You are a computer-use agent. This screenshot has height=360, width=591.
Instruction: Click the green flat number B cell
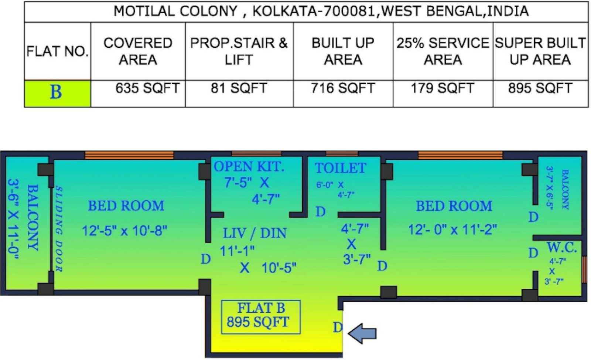pos(57,94)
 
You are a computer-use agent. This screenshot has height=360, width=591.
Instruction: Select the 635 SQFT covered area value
pos(147,89)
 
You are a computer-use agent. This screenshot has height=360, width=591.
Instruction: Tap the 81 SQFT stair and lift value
pos(239,89)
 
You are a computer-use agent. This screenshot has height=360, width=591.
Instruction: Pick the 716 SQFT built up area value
pos(343,89)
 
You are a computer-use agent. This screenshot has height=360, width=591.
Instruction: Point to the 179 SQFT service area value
pos(443,89)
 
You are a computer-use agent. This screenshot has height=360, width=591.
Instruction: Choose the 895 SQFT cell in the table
pos(540,89)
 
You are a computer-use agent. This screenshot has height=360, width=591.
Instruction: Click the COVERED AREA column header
pos(138,51)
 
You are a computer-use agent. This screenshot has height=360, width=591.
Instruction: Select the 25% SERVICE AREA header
pos(443,51)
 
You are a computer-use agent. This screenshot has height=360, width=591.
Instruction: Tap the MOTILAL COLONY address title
pos(321,11)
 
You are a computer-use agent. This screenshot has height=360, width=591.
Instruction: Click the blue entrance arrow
pos(363,333)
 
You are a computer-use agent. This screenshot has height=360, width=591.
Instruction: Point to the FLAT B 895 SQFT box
pos(260,317)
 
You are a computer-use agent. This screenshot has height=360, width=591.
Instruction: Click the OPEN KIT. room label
pos(249,167)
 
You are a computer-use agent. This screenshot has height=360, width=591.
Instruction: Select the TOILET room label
pos(340,168)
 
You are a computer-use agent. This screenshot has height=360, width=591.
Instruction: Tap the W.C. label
pos(561,248)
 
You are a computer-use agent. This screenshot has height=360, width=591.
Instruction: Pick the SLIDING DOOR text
pos(59,229)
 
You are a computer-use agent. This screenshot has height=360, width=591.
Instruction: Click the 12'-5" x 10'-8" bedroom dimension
pos(124,231)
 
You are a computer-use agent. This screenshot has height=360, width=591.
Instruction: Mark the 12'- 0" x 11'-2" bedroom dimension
pos(452,230)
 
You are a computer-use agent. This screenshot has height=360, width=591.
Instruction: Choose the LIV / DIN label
pos(255,233)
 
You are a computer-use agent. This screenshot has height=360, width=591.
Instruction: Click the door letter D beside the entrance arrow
pos(338,327)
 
